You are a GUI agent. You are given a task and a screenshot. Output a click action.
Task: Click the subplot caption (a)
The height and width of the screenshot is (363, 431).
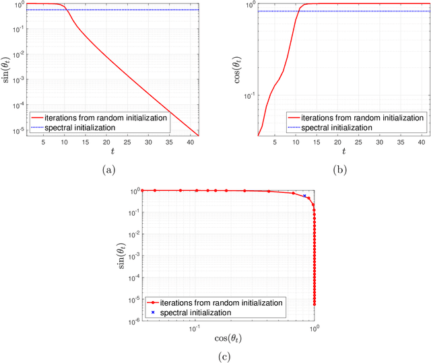pyautogui.click(x=108, y=171)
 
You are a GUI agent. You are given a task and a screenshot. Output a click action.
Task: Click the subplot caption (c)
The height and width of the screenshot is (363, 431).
pyautogui.click(x=225, y=354)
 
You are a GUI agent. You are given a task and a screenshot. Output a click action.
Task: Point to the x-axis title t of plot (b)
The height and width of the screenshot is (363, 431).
pyautogui.click(x=343, y=153)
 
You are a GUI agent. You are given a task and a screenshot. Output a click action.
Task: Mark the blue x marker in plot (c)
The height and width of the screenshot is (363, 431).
pyautogui.click(x=304, y=196)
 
